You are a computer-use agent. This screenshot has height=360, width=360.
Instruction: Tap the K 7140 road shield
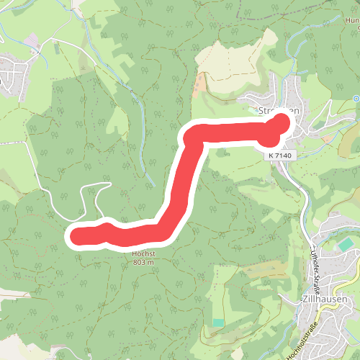click(279, 155)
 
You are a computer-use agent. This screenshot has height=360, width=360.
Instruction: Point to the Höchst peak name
click(143, 254)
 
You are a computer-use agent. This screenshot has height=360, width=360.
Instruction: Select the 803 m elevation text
click(143, 262)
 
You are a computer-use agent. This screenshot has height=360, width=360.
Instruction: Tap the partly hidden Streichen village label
click(273, 111)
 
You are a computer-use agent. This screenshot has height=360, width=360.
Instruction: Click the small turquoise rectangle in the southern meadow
click(218, 321)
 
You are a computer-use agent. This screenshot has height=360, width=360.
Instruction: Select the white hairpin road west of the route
click(90, 198)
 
